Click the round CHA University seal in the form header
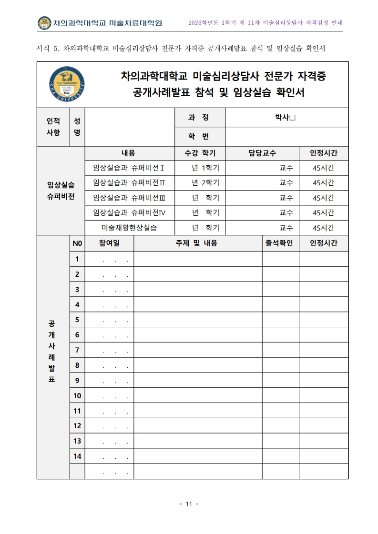click(x=66, y=84)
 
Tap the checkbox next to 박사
click(x=293, y=118)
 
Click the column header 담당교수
click(x=262, y=153)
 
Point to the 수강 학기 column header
click(x=200, y=153)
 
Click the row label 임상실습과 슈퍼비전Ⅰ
click(x=129, y=168)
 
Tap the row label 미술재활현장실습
click(x=129, y=228)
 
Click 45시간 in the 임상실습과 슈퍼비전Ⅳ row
click(x=323, y=212)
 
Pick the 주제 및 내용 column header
click(x=197, y=243)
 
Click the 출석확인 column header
click(x=280, y=243)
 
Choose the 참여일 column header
click(x=109, y=243)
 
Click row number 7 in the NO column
click(x=77, y=350)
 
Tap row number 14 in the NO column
click(x=77, y=456)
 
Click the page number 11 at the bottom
click(x=189, y=504)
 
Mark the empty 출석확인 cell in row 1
click(x=280, y=259)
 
